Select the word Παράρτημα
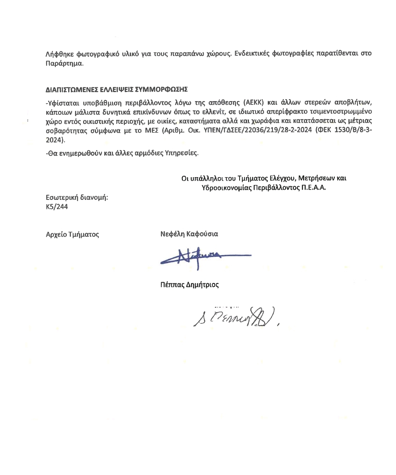[x=64, y=63]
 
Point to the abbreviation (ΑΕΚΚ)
[x=254, y=103]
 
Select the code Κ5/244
[x=57, y=207]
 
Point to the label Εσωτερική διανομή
[x=77, y=197]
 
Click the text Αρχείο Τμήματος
[x=72, y=234]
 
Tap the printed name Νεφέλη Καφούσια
[x=189, y=234]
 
